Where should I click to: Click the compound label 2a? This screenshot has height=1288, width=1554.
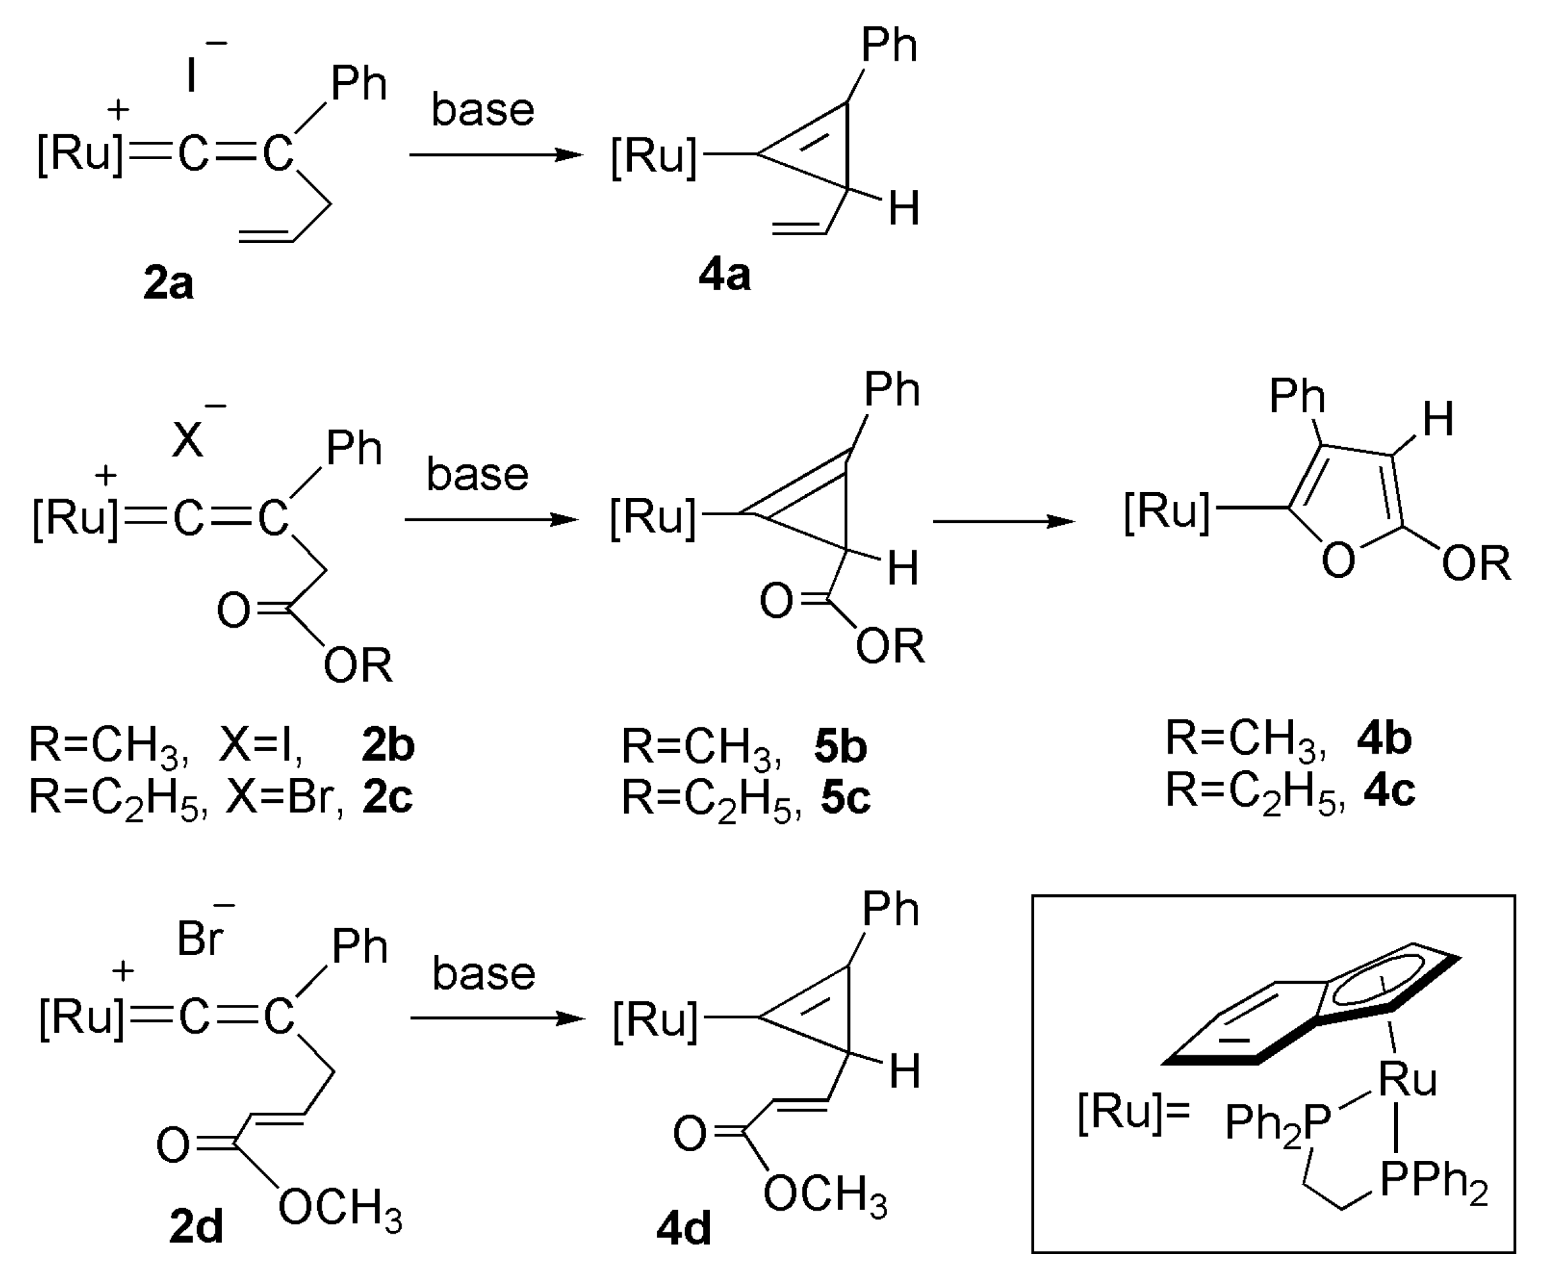click(169, 283)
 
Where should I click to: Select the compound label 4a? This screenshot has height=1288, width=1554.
click(725, 275)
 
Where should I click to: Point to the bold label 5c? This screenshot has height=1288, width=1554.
click(845, 798)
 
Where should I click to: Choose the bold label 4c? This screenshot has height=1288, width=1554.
click(1390, 790)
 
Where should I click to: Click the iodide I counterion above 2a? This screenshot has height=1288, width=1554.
click(192, 74)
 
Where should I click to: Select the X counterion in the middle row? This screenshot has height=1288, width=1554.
click(187, 442)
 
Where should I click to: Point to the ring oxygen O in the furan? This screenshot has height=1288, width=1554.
click(1338, 560)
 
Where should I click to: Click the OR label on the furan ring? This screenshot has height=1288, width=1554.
click(1475, 564)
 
